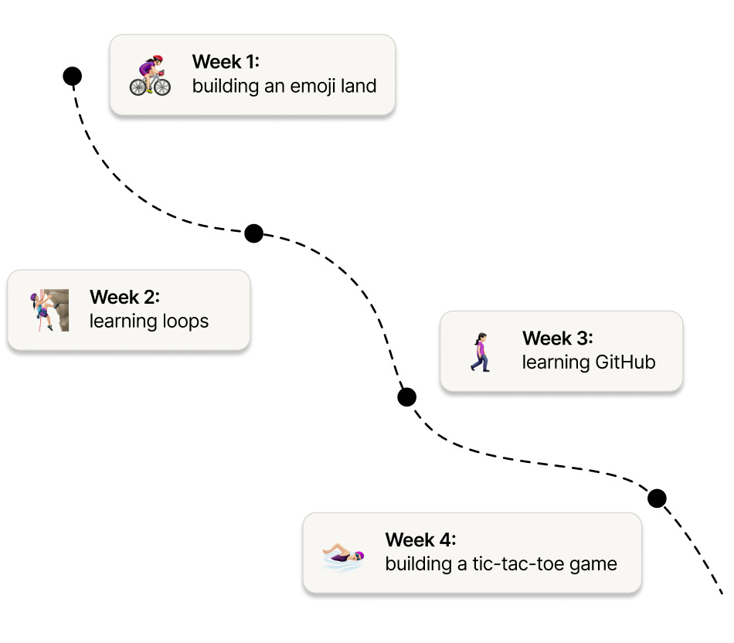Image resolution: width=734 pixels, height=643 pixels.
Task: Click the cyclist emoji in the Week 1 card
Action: point(150,75)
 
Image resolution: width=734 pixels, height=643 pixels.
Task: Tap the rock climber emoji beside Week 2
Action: point(50,310)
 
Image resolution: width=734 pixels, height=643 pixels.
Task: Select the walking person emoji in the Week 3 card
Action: point(481,352)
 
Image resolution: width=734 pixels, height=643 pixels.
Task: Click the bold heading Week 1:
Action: point(226,62)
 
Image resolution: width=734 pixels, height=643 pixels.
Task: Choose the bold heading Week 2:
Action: point(124,297)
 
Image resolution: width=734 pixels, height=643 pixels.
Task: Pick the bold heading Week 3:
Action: point(557,339)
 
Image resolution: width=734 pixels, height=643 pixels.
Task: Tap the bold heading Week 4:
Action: point(420,539)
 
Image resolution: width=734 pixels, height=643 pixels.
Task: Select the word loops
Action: point(183,321)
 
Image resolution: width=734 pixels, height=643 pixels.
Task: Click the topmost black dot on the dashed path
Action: point(72,76)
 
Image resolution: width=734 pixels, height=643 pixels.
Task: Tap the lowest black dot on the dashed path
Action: point(657,498)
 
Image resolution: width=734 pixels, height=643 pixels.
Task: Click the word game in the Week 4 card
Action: point(593,564)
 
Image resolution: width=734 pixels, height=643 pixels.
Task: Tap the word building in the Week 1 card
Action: point(223,86)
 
